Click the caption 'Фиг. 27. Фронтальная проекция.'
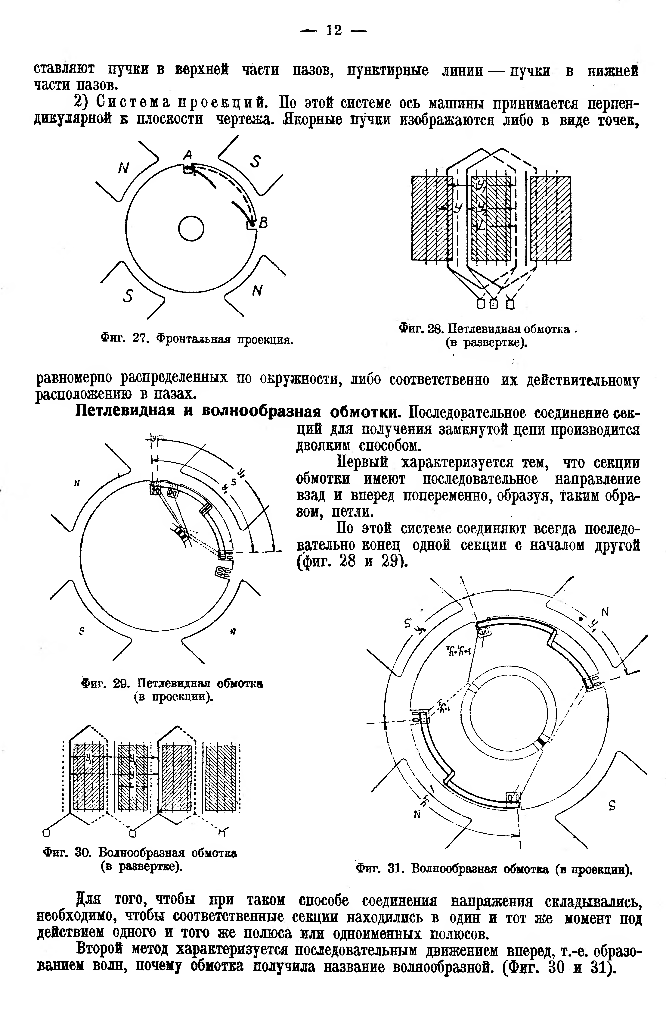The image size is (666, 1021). click(x=197, y=339)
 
